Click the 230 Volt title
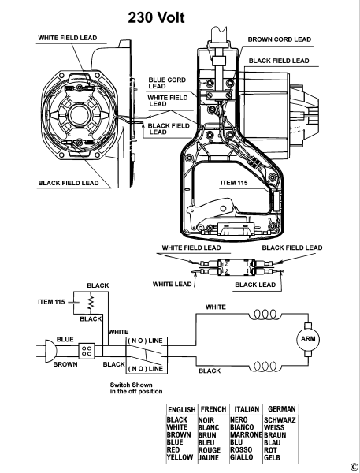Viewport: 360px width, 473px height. click(156, 18)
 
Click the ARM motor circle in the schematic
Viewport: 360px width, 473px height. click(308, 339)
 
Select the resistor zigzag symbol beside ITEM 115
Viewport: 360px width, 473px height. click(91, 303)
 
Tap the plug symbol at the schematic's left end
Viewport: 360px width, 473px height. click(50, 351)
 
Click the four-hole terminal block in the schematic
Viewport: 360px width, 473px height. click(87, 351)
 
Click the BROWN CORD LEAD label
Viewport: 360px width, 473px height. click(280, 39)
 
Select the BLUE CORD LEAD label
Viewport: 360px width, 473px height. click(167, 83)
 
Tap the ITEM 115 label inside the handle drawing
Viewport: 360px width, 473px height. click(234, 183)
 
